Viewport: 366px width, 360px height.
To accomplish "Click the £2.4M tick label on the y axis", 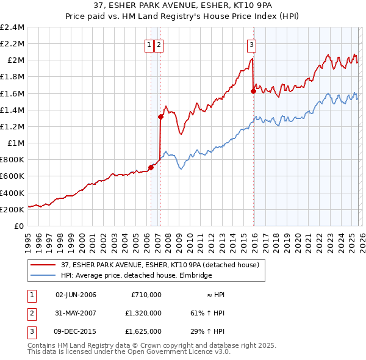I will tap(12, 27).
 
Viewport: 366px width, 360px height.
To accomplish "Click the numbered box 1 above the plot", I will tap(149, 44).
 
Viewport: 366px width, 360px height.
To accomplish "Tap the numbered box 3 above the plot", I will tap(252, 44).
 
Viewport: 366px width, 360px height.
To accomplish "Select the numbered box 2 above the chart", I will tap(159, 44).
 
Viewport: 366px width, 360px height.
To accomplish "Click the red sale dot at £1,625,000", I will tap(253, 91).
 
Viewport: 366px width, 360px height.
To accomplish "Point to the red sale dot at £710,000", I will tap(151, 167).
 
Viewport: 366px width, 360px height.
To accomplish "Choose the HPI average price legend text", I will tap(136, 275).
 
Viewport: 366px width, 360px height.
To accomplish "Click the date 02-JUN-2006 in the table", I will tap(76, 295).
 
